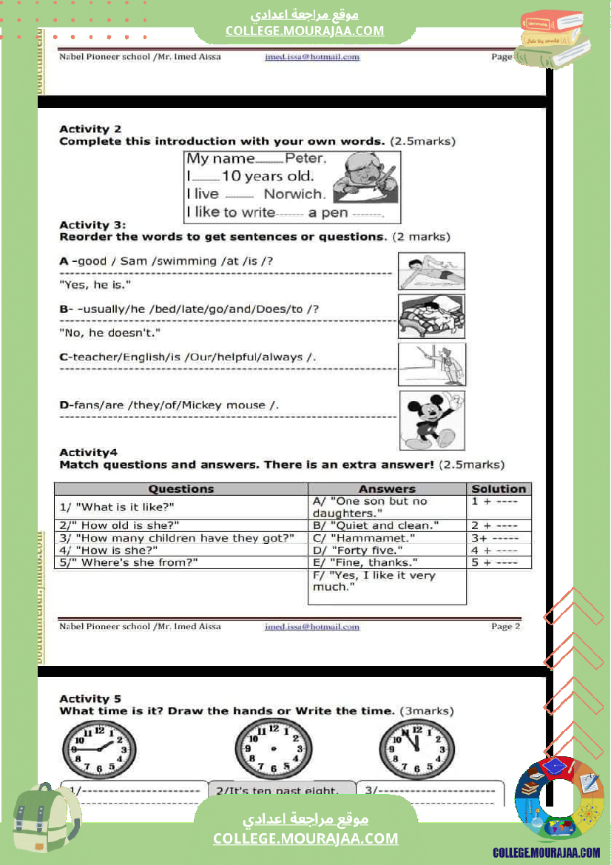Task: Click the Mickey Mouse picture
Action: tap(432, 420)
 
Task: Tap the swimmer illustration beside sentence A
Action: tap(431, 271)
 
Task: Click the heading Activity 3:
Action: tap(92, 225)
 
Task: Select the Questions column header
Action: tap(180, 489)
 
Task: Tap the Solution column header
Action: tap(499, 489)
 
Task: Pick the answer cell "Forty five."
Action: tap(358, 551)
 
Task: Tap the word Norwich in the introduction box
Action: tap(294, 195)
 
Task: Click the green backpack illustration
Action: tap(46, 822)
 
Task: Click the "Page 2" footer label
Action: tap(506, 626)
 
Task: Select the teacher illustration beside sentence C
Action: tap(432, 364)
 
